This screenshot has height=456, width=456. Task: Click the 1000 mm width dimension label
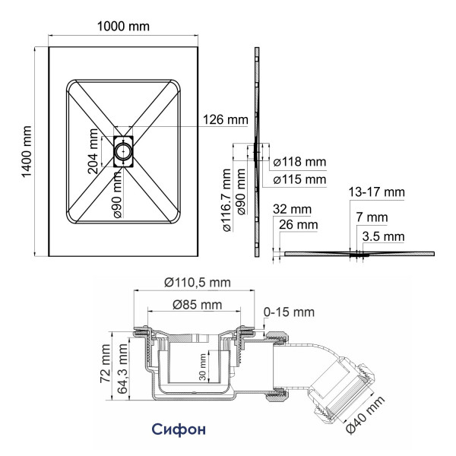tap(123, 27)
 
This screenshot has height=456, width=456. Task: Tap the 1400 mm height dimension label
tap(27, 151)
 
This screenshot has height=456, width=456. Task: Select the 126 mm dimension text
tap(226, 119)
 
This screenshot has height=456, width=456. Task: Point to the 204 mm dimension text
tap(93, 151)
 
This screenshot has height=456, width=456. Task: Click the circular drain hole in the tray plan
tap(123, 151)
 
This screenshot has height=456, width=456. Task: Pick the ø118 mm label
tap(300, 162)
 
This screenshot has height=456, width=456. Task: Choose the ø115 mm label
tap(300, 179)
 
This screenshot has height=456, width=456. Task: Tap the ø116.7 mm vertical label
tap(227, 201)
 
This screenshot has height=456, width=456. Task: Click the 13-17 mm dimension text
tap(377, 192)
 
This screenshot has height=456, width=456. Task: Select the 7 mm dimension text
tap(372, 217)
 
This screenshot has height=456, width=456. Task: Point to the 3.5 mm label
tap(384, 236)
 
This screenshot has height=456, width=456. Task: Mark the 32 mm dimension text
tap(292, 209)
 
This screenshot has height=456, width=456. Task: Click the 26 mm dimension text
tap(299, 225)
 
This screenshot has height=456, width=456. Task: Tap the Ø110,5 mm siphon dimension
tap(198, 283)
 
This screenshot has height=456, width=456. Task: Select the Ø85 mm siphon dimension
tap(198, 305)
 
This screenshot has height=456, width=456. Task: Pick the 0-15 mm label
tap(289, 312)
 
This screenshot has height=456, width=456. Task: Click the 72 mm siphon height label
tap(105, 363)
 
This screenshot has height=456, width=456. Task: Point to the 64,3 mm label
tap(122, 369)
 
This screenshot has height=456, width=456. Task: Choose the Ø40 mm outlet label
tap(366, 414)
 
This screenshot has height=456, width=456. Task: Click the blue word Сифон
tap(179, 429)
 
